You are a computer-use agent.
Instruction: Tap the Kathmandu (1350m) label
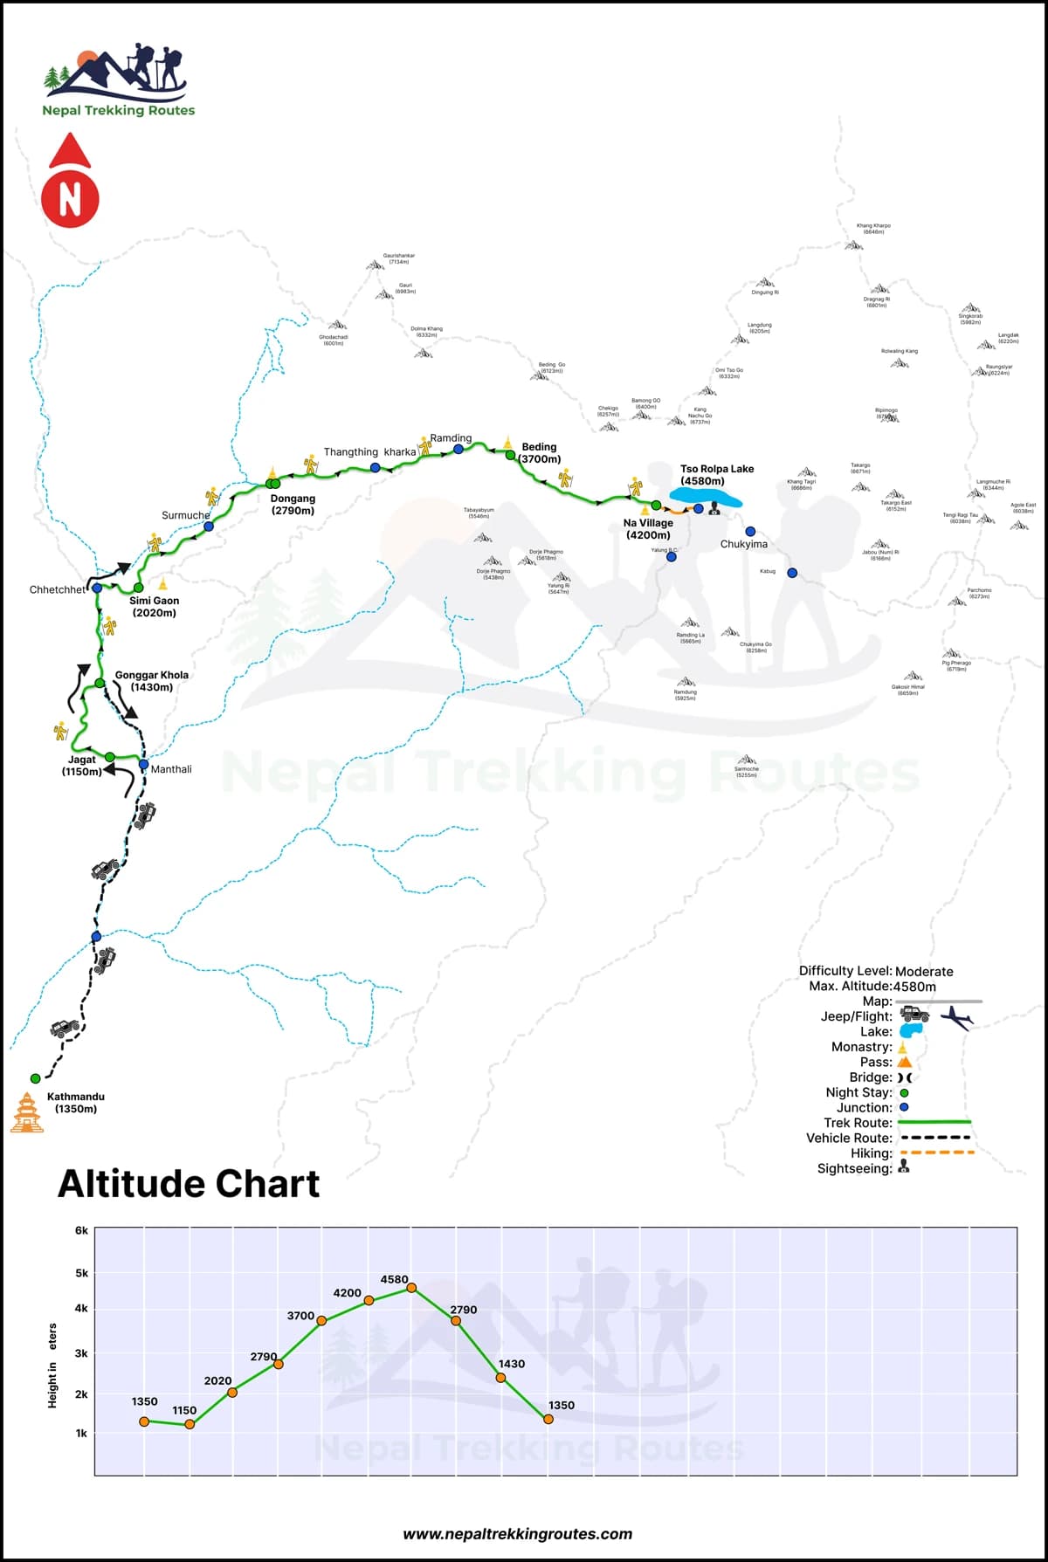pos(76,1103)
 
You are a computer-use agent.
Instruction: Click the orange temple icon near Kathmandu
pos(27,1113)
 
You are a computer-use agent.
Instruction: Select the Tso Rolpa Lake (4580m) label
pos(716,475)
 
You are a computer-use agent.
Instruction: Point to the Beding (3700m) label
pos(540,453)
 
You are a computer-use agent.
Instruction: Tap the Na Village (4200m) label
pos(648,529)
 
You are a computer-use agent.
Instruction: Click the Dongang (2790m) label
pos(293,505)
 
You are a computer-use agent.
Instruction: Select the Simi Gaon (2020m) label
pos(155,607)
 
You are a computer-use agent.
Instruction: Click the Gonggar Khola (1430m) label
pos(152,681)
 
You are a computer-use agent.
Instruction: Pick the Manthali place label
pos(171,769)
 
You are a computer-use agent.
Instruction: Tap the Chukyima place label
pos(744,544)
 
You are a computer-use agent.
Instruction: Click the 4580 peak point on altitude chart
pos(411,1288)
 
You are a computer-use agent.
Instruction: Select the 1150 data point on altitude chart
pos(190,1424)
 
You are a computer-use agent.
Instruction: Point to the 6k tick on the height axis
pos(81,1230)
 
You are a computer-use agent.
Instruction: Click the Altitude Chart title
pos(189,1184)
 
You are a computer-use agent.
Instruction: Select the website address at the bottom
pos(518,1534)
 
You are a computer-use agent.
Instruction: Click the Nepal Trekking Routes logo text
pos(119,110)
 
